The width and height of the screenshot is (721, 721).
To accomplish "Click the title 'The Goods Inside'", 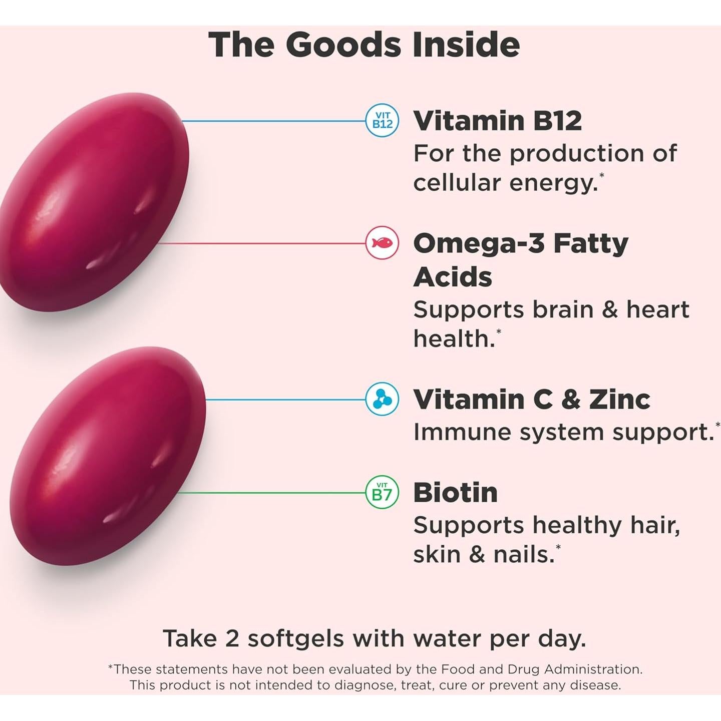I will click(x=364, y=45).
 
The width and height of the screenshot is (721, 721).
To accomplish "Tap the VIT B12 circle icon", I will click(x=382, y=121).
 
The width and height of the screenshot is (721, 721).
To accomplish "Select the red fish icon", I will click(x=382, y=243).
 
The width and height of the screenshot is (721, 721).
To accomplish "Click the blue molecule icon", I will click(x=382, y=400).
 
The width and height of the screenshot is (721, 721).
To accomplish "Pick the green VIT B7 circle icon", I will click(x=382, y=493).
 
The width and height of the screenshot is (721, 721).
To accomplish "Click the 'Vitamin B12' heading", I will click(x=497, y=121).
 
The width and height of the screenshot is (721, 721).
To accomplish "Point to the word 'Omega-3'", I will click(x=478, y=244).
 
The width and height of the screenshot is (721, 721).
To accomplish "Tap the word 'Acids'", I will click(x=453, y=277).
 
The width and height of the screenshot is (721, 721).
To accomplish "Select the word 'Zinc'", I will click(x=619, y=400).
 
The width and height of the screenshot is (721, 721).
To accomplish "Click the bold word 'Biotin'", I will click(x=455, y=493).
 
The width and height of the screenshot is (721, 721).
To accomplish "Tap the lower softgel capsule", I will click(x=108, y=456).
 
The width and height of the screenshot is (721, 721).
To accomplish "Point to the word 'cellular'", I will click(x=457, y=183).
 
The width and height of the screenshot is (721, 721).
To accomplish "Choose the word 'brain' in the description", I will click(x=562, y=309).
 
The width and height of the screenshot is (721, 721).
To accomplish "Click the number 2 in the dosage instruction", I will click(x=232, y=639).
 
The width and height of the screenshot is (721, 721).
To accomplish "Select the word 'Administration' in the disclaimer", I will click(x=592, y=669).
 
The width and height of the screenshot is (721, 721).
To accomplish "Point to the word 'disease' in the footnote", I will click(x=596, y=685).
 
